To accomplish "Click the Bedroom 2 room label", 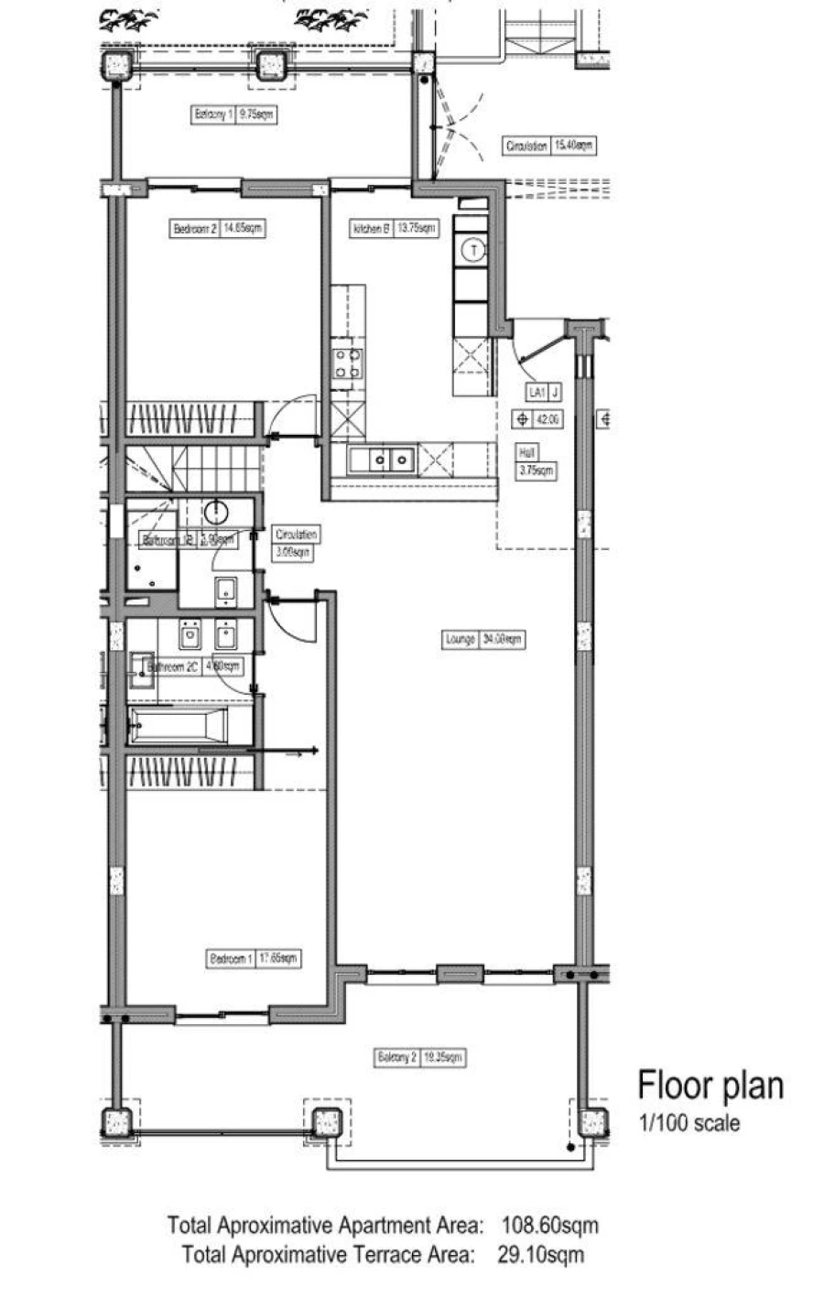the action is [x=218, y=229].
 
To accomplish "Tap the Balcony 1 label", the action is [x=233, y=115].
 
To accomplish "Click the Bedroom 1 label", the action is [x=254, y=958].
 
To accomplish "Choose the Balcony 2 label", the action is [x=418, y=1057].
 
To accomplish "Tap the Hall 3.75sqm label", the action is [x=536, y=463].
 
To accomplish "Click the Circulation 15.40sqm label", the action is [x=549, y=146].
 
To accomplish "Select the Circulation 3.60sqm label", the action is [x=296, y=543].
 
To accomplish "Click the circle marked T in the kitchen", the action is [x=472, y=247].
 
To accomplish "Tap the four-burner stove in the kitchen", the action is [x=347, y=362].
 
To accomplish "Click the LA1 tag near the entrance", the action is [x=535, y=392].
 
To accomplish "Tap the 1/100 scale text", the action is [x=688, y=1121].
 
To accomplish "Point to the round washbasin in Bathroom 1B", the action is [x=217, y=511].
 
